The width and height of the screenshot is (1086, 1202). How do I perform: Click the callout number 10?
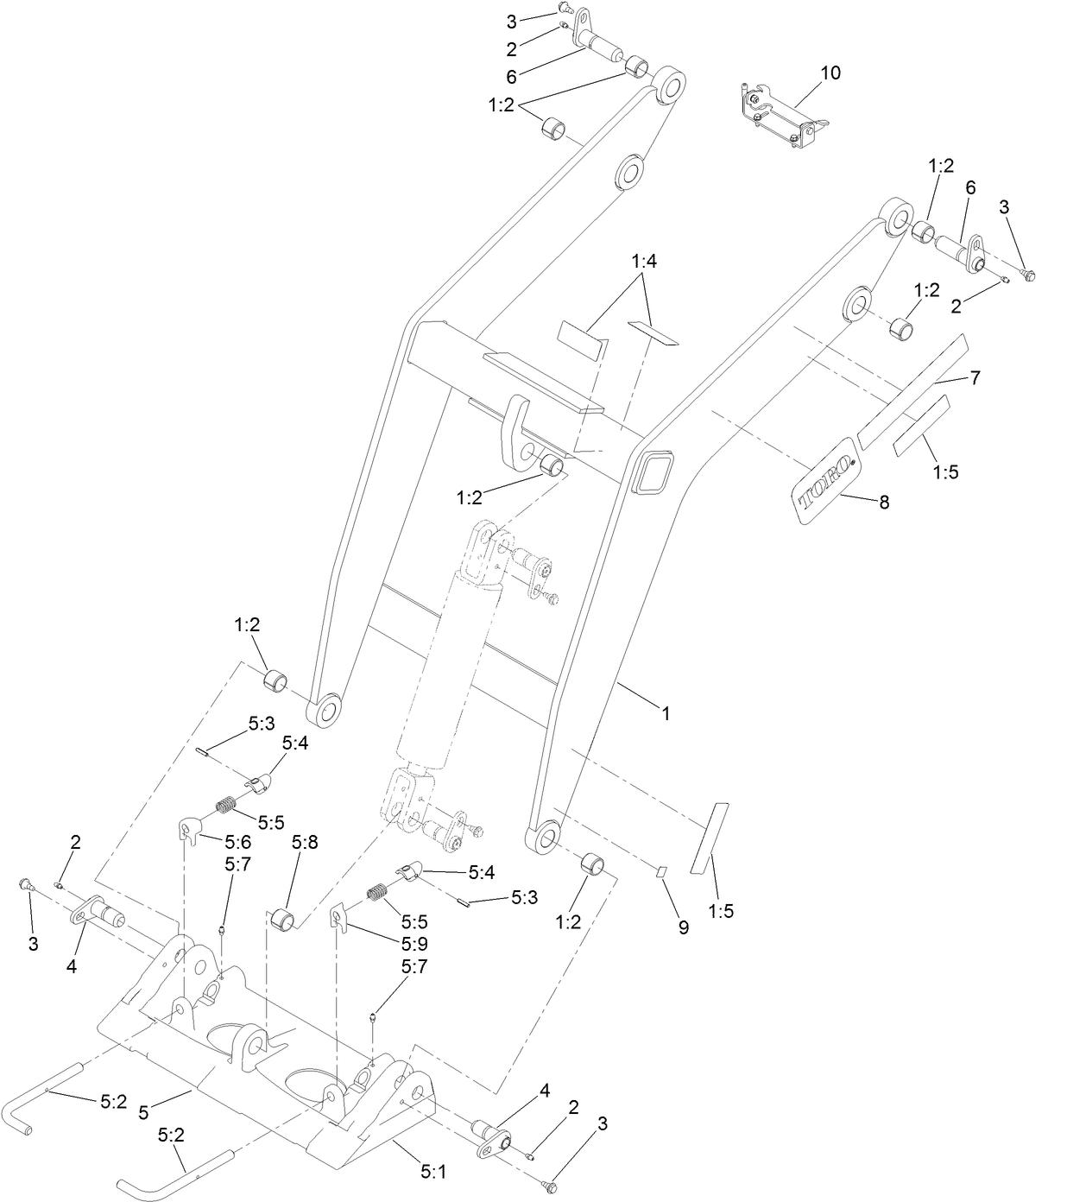[x=830, y=73]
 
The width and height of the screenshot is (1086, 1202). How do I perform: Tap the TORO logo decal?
[x=824, y=481]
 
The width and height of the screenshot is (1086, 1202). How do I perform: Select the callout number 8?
[x=884, y=502]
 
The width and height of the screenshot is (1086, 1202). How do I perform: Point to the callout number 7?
[x=975, y=377]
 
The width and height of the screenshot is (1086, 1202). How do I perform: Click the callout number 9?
[x=683, y=927]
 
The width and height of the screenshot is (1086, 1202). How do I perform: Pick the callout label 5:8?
[x=305, y=842]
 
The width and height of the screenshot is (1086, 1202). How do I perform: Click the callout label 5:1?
[x=433, y=1172]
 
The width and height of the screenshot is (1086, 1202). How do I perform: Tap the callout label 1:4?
[x=644, y=262]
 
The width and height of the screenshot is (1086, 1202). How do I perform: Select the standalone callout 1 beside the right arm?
[x=666, y=713]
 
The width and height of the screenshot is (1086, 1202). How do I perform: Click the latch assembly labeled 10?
[x=780, y=117]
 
